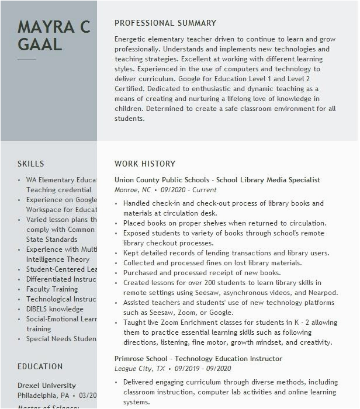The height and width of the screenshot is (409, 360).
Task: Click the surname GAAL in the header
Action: click(40, 44)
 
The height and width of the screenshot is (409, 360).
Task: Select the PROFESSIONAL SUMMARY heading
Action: click(165, 23)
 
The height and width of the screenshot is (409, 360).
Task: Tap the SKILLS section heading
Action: click(30, 164)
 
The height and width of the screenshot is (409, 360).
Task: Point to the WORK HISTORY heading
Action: click(145, 164)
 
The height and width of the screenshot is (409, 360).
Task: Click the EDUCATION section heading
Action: click(40, 367)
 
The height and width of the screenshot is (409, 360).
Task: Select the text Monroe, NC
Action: click(133, 190)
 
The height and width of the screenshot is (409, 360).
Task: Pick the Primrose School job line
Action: click(190, 359)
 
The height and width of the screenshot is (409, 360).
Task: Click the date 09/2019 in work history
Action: click(186, 369)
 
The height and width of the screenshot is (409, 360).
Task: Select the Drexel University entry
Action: click(47, 386)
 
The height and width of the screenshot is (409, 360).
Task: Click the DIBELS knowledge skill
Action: click(55, 309)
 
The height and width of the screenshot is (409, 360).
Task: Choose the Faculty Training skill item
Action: click(52, 289)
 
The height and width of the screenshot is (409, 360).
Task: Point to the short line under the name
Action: click(27, 60)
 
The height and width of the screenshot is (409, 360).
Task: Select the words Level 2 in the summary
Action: click(313, 79)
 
